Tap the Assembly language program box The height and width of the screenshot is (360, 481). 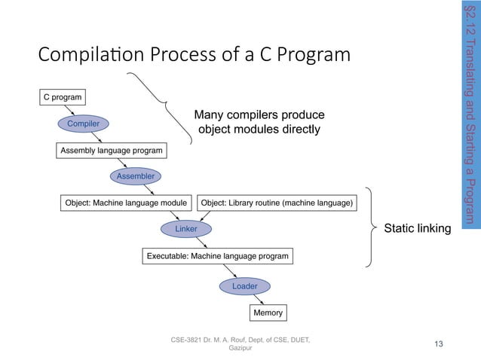coord(111,151)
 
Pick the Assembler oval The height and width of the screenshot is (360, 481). coord(135,176)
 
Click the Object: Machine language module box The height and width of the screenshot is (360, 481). coord(125,203)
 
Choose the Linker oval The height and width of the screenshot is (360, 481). coord(186,227)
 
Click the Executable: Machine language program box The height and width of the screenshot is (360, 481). coord(217,257)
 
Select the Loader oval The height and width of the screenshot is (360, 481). coord(244,286)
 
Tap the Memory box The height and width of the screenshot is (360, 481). coord(268,312)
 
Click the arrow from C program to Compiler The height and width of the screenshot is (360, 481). coord(72,110)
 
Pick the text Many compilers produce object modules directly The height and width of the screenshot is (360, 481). coord(259,122)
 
